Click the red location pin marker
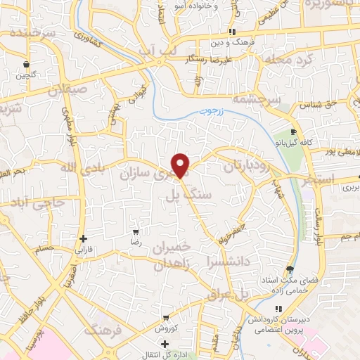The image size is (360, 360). click(181, 165)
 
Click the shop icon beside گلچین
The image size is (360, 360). click(26, 63)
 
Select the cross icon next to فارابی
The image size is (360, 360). click(84, 238)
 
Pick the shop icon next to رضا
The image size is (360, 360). click(136, 231)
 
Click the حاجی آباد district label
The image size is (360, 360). click(39, 202)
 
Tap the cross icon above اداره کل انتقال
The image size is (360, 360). click(165, 344)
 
